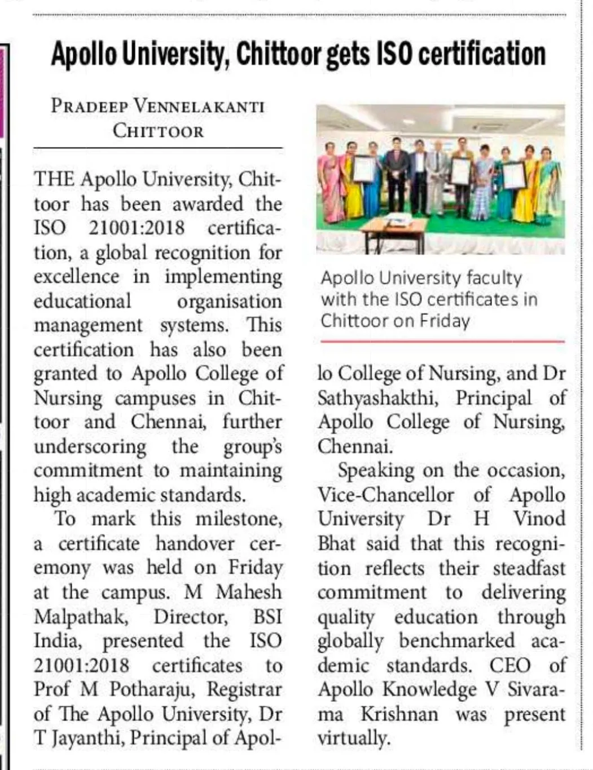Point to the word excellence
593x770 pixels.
point(76,277)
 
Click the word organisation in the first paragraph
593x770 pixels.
point(229,302)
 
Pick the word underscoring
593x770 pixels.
point(90,447)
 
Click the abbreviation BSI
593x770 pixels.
point(267,617)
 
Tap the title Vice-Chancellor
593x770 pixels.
point(385,495)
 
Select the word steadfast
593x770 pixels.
point(529,568)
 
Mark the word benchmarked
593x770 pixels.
point(456,641)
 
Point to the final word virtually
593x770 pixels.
point(353,738)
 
